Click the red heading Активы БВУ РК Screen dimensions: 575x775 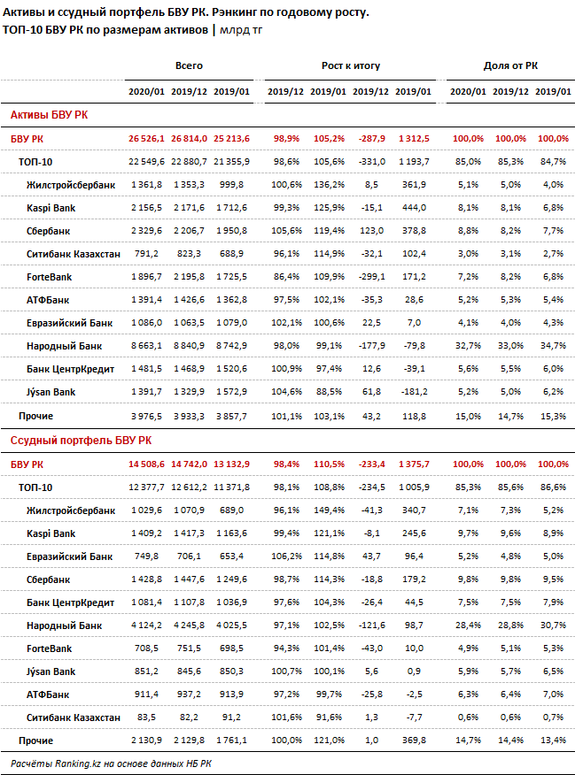click(49, 115)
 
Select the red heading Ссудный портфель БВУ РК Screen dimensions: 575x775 click(82, 441)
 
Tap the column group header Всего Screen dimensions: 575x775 click(189, 65)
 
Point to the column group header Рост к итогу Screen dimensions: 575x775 click(351, 65)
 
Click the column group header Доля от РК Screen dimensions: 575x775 click(510, 65)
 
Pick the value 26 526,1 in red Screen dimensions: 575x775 click(146, 139)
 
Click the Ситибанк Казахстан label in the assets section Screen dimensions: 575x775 click(74, 254)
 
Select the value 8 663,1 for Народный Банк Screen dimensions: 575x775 click(146, 346)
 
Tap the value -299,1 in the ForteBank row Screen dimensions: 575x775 click(371, 277)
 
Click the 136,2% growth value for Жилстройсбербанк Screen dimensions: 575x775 click(329, 185)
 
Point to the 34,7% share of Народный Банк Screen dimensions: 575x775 click(553, 346)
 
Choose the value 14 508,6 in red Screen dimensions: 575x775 click(146, 464)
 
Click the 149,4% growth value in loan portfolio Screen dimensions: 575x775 click(329, 510)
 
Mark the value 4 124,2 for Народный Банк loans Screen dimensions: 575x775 click(146, 625)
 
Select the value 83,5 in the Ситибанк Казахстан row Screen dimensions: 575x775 click(146, 717)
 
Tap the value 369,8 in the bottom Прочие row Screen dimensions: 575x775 click(414, 740)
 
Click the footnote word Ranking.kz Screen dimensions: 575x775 click(78, 763)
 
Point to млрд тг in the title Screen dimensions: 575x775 click(241, 30)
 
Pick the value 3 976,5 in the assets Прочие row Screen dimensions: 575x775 click(146, 416)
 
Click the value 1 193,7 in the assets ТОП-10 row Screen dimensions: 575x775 click(414, 162)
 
